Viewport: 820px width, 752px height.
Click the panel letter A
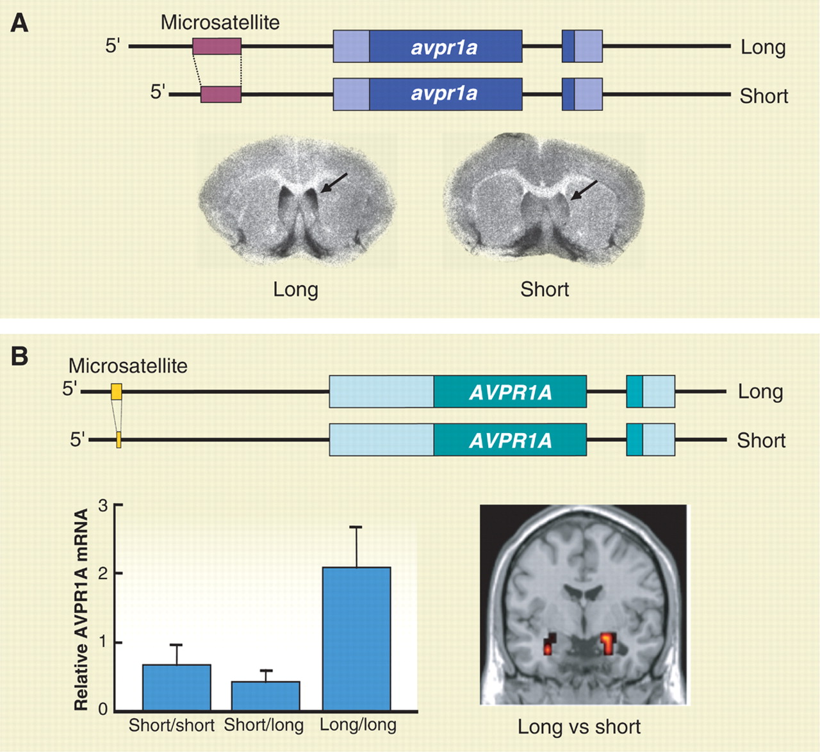point(20,23)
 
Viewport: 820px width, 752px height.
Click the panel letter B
point(20,356)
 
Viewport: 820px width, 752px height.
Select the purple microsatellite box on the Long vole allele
point(217,46)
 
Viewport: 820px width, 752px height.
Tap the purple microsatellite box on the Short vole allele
point(221,94)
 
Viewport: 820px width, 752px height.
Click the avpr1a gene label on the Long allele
point(444,47)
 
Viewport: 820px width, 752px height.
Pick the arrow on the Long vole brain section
point(334,183)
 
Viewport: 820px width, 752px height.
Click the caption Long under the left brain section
point(295,290)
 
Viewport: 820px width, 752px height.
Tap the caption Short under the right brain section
point(545,290)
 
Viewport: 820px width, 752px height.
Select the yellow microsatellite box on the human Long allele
point(116,391)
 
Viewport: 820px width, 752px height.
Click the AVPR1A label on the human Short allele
point(510,440)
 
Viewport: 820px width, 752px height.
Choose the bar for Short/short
point(176,687)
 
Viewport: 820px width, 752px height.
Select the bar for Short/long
point(266,696)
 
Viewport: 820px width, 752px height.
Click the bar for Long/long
point(356,639)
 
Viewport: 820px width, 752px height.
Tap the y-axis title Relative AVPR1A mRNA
point(81,609)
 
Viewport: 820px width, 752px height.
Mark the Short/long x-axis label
point(264,725)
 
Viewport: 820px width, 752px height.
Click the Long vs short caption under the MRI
point(579,727)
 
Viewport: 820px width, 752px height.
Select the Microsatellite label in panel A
point(220,22)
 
